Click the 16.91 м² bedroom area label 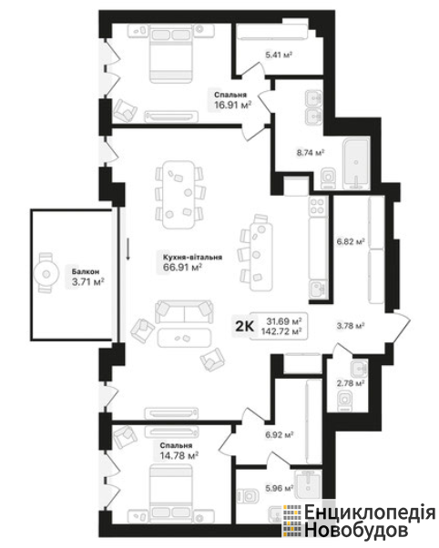[x=232, y=106]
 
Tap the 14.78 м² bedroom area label [x=179, y=456]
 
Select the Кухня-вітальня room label [x=192, y=258]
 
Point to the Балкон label [x=86, y=271]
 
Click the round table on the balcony [x=46, y=274]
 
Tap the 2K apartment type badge [x=244, y=326]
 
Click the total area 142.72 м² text [x=281, y=331]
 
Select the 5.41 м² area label [x=279, y=55]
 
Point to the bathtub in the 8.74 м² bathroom [x=356, y=164]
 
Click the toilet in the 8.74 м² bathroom [x=328, y=178]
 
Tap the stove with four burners [x=318, y=206]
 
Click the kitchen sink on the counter [x=318, y=289]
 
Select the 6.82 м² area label [x=351, y=241]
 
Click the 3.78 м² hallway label [x=351, y=326]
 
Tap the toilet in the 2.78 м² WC [x=345, y=401]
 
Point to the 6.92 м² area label [x=279, y=435]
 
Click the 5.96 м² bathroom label [x=279, y=488]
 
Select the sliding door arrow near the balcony [x=128, y=249]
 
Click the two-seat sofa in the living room [x=184, y=311]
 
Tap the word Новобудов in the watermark [x=356, y=530]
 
